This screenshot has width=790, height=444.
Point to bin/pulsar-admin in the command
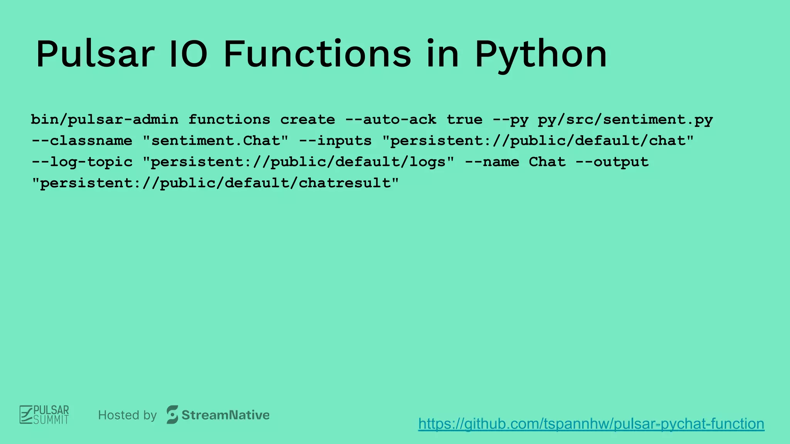tap(105, 119)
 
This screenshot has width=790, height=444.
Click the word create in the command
tap(307, 119)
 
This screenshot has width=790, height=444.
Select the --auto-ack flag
tap(391, 119)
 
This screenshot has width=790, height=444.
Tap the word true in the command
tap(464, 119)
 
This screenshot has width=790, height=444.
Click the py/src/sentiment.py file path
tap(625, 119)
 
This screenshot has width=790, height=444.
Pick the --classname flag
tap(82, 141)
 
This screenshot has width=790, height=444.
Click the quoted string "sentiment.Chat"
tap(215, 141)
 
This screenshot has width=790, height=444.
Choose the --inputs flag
tap(335, 141)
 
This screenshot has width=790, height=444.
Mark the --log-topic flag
tap(82, 162)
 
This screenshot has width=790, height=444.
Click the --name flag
tap(492, 162)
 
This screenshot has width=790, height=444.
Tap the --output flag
tap(612, 162)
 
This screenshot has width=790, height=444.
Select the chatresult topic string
tap(215, 183)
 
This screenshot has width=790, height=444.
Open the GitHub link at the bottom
tap(591, 424)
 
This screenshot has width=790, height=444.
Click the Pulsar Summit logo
tap(44, 415)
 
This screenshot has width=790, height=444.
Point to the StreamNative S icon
tap(172, 415)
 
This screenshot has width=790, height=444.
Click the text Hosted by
tap(127, 415)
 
